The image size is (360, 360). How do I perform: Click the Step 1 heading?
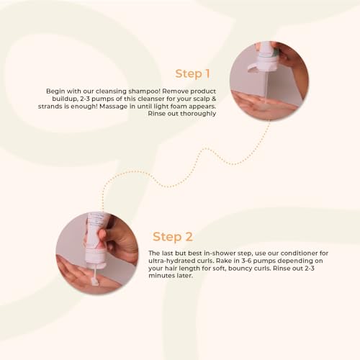pyautogui.click(x=192, y=73)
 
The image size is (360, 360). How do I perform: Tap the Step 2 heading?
pyautogui.click(x=173, y=237)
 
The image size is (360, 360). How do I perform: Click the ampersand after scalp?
pyautogui.click(x=214, y=99)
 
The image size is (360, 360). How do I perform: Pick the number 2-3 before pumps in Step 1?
pyautogui.click(x=85, y=99)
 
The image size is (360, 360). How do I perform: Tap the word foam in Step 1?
pyautogui.click(x=179, y=106)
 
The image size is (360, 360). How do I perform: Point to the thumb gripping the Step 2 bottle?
pyautogui.click(x=102, y=235)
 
